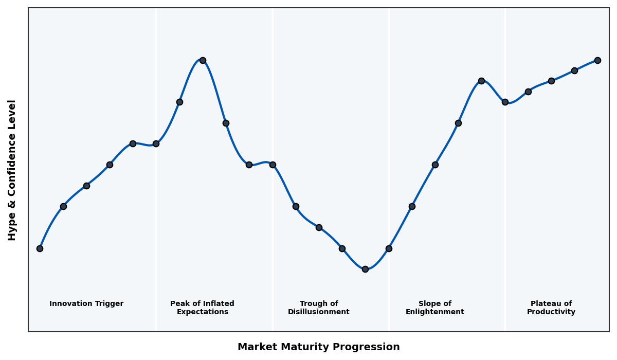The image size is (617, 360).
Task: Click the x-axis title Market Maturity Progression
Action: (x=318, y=347)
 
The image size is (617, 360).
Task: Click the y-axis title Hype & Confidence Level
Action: (x=12, y=170)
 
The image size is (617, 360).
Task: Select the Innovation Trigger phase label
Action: (x=86, y=304)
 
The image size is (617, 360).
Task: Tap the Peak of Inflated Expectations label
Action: (x=202, y=308)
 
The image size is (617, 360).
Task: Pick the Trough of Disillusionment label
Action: (x=318, y=308)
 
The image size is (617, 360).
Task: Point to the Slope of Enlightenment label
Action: (x=434, y=308)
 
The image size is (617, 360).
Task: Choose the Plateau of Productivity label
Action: (x=551, y=308)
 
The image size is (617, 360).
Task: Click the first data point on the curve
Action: (x=40, y=248)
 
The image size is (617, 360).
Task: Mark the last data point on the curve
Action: (x=597, y=60)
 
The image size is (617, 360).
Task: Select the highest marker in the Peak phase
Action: (x=203, y=60)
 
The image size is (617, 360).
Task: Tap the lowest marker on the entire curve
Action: (x=365, y=269)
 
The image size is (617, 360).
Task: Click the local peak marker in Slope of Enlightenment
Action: (x=481, y=81)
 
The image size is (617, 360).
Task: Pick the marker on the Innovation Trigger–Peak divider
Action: (x=156, y=143)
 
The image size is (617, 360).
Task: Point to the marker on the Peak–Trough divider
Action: (x=273, y=165)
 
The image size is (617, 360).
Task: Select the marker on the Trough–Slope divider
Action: (x=389, y=248)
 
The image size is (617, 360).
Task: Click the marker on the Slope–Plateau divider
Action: (x=505, y=102)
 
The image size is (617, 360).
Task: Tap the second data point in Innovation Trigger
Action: (x=63, y=206)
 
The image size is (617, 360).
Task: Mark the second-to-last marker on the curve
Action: (x=574, y=70)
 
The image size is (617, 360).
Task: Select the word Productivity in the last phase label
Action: (x=551, y=312)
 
